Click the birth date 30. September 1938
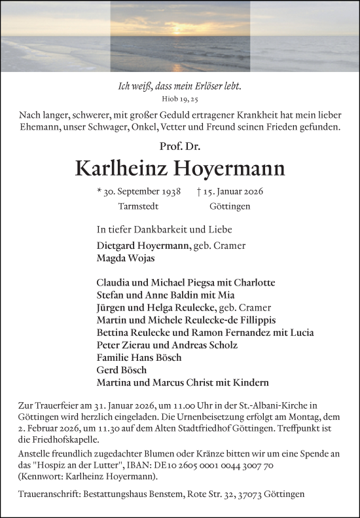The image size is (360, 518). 137,192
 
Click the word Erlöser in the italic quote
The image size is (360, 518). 201,86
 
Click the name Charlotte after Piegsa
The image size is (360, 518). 253,283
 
